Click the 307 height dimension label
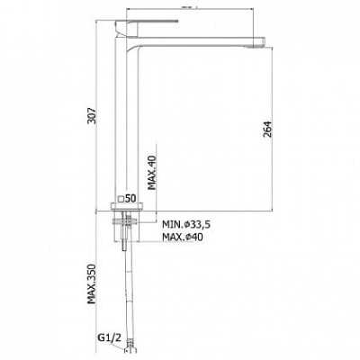[x=92, y=115]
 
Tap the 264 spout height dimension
[x=267, y=129]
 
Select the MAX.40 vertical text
[x=152, y=173]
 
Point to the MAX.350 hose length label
[x=91, y=284]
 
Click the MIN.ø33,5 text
[x=186, y=224]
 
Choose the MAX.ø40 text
[x=183, y=237]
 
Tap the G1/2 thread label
[x=109, y=338]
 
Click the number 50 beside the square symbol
[x=130, y=198]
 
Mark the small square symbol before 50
[x=121, y=199]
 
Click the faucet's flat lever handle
[x=147, y=22]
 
